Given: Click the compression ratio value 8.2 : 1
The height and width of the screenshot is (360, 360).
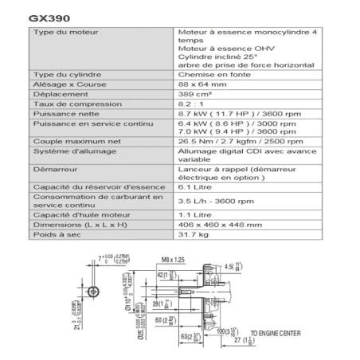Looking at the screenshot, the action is pos(192,104).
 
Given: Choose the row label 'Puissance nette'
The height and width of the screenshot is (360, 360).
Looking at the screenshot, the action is pos(63,114).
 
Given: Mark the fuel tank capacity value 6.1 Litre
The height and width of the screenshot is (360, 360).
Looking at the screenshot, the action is pos(197,186).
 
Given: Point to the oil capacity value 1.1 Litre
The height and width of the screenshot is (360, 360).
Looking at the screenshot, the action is pos(197,215).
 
